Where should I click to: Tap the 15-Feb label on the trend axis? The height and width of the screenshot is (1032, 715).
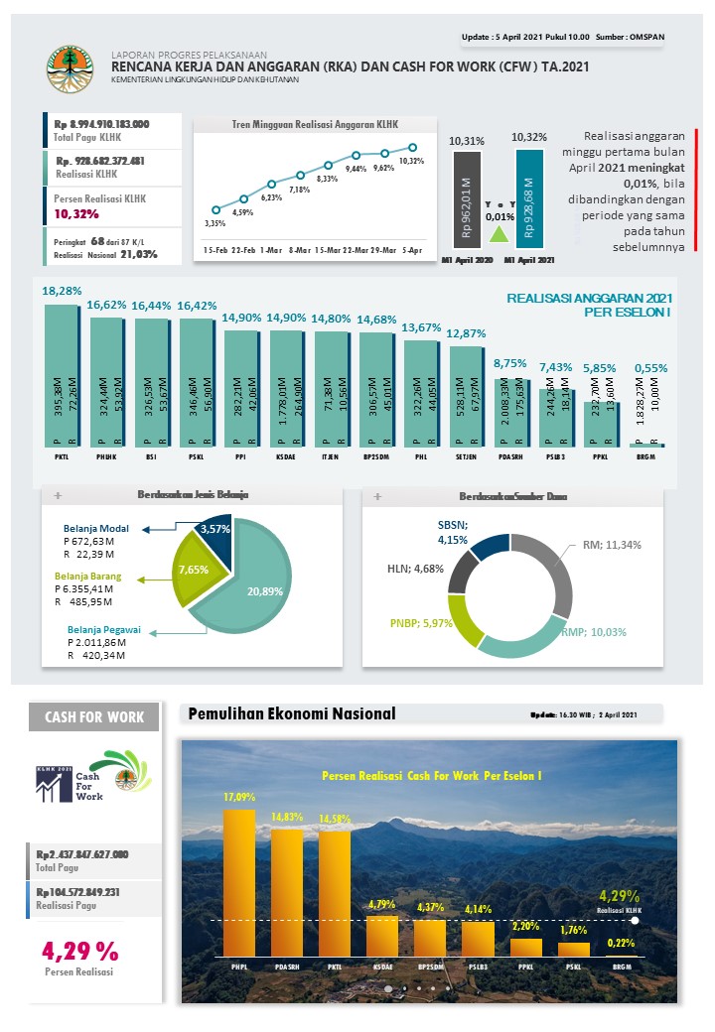[x=216, y=250]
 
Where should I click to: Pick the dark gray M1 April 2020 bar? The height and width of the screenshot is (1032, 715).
[x=467, y=199]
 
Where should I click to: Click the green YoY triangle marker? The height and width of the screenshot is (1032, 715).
[x=499, y=233]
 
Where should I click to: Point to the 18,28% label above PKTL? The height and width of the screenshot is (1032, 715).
[x=62, y=292]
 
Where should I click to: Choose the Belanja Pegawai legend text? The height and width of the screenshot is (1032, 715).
[x=103, y=629]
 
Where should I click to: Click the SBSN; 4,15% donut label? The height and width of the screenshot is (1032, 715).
[x=452, y=532]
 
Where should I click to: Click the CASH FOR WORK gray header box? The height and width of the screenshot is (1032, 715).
[x=93, y=717]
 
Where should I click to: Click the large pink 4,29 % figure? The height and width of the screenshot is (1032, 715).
[x=80, y=950]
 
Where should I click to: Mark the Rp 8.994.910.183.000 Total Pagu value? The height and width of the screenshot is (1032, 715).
[x=101, y=124]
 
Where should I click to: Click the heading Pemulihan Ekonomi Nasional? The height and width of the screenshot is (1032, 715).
[x=292, y=713]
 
